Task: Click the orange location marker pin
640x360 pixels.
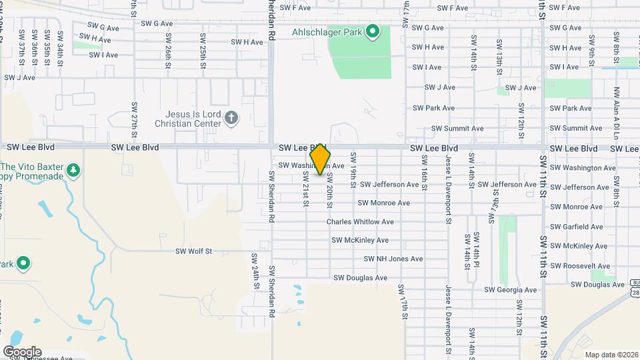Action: [x=321, y=159]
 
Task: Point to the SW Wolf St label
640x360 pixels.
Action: [x=193, y=251]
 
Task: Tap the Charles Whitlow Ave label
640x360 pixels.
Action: [x=360, y=222]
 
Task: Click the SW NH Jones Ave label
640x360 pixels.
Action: [x=393, y=259]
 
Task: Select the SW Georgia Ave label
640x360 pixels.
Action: [x=510, y=290]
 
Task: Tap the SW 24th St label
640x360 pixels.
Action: [x=256, y=271]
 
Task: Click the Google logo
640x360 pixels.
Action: [x=22, y=351]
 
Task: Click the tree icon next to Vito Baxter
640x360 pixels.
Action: [x=73, y=171]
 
